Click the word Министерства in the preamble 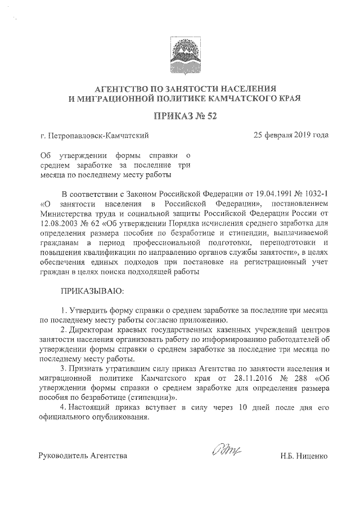coord(66,213)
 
